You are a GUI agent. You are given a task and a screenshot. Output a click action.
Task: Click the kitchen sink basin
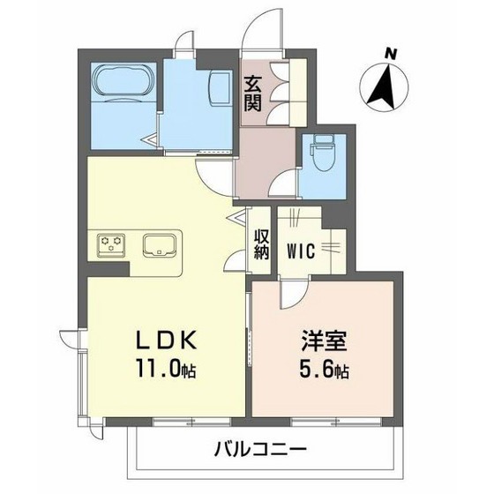159,242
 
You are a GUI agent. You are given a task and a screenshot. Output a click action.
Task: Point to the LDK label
161,341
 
